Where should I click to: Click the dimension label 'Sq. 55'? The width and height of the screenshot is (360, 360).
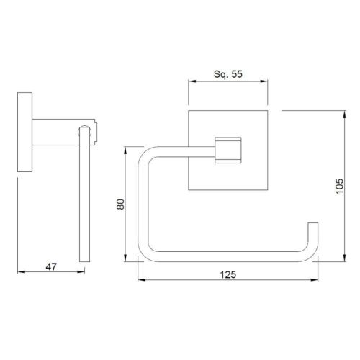(x=228, y=74)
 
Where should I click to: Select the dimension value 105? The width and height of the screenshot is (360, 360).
(x=339, y=186)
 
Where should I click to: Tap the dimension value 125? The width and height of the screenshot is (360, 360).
(x=228, y=275)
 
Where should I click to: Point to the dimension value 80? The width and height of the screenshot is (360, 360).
(x=120, y=204)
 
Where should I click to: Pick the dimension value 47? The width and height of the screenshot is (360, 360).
(x=51, y=267)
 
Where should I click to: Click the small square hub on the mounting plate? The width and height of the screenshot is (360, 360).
(x=228, y=150)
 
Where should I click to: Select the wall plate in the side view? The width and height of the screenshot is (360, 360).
(x=25, y=132)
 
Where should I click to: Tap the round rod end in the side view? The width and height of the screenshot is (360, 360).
(x=85, y=131)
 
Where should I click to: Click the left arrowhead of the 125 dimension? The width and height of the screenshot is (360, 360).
(x=142, y=280)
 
